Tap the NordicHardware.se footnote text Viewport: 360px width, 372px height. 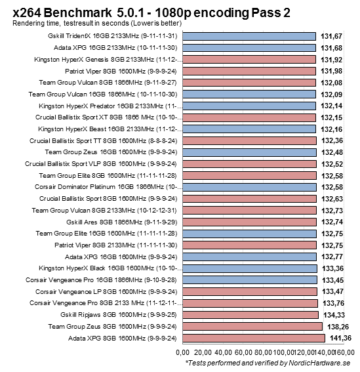(269, 363)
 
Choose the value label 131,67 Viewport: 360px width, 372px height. (331, 37)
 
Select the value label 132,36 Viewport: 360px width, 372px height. (332, 140)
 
